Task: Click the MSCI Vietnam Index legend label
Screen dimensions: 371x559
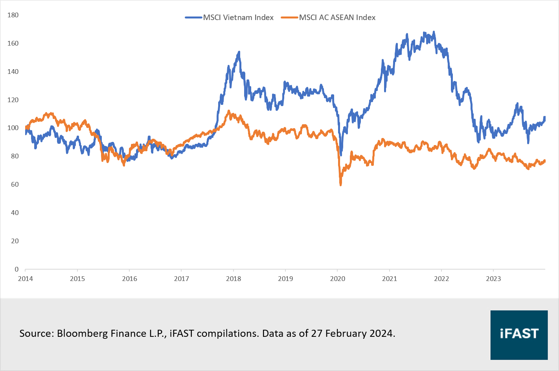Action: click(238, 17)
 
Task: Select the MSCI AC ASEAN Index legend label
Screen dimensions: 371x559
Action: click(337, 17)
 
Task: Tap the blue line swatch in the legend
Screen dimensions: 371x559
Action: click(194, 17)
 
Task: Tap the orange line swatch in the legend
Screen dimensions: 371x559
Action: click(290, 17)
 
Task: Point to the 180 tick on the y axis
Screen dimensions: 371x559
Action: click(13, 15)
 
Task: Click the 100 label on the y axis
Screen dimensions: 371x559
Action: click(13, 128)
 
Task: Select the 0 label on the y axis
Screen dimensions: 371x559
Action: click(17, 269)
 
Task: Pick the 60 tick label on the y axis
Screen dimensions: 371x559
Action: click(15, 184)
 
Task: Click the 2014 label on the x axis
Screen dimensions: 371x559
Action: click(26, 279)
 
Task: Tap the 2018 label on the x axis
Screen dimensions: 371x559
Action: click(234, 279)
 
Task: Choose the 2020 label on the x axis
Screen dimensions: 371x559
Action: click(337, 279)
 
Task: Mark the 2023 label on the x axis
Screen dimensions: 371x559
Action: click(493, 279)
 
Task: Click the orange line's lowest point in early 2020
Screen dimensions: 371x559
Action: click(340, 184)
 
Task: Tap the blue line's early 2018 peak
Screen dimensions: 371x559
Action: click(239, 52)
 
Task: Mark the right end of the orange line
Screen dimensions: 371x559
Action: click(545, 161)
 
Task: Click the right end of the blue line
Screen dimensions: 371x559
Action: click(545, 117)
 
